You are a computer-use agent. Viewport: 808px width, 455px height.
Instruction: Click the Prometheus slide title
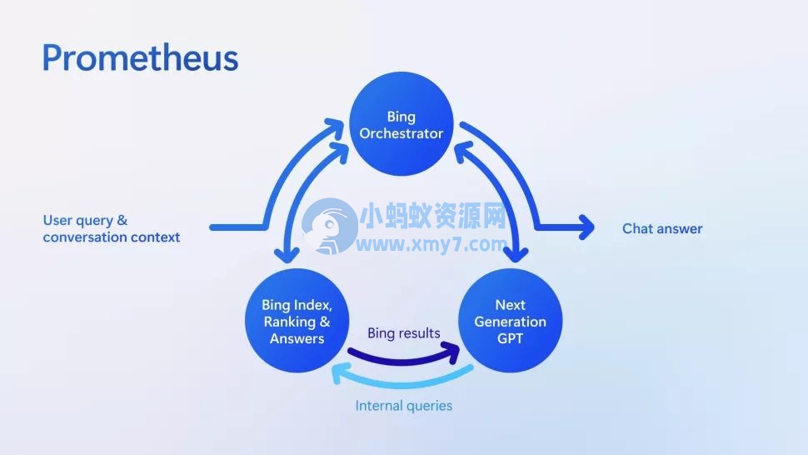pos(140,58)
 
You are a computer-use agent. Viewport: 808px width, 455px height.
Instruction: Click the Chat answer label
pos(662,228)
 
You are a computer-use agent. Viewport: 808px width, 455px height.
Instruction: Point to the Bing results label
pos(404,333)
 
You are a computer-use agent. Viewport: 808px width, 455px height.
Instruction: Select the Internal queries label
pos(404,406)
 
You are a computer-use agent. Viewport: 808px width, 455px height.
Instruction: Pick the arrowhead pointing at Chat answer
pos(586,227)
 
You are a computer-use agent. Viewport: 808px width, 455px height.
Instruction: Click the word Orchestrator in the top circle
pos(402,133)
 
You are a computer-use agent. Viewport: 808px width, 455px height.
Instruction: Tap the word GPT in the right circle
pos(510,338)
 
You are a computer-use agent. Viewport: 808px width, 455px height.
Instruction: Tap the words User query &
pos(85,220)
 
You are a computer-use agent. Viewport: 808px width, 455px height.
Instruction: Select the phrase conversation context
pos(111,237)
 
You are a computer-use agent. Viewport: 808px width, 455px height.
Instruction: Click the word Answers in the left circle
pos(297,338)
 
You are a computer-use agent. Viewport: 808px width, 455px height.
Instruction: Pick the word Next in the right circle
pos(510,305)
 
